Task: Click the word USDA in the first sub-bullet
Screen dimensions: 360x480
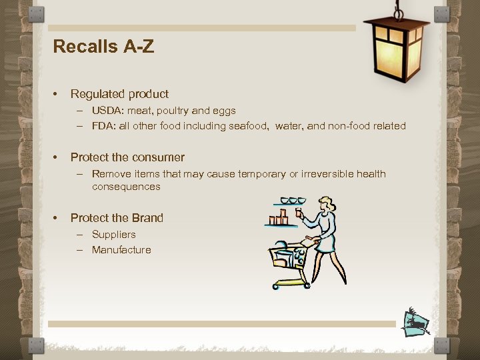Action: (x=105, y=111)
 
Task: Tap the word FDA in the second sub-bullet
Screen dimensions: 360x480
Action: (x=103, y=126)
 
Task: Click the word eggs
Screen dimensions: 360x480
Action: (x=223, y=111)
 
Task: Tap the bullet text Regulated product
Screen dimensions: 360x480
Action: (x=119, y=94)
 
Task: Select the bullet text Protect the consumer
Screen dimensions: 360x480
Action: (x=127, y=157)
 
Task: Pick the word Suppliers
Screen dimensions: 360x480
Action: (x=113, y=235)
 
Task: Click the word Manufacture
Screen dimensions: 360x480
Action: (x=121, y=250)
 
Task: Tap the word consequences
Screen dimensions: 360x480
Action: (x=126, y=187)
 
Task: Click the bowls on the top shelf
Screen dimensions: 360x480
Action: (x=293, y=201)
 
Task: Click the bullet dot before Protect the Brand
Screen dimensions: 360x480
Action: (x=57, y=218)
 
